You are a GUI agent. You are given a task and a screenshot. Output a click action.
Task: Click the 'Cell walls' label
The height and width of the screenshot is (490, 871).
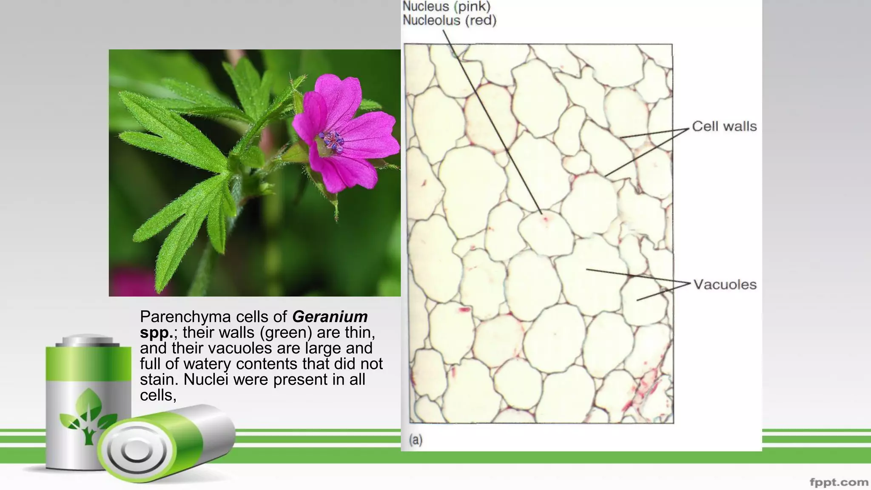[x=724, y=126]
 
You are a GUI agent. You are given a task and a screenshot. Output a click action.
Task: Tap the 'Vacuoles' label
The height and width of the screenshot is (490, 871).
[x=725, y=285]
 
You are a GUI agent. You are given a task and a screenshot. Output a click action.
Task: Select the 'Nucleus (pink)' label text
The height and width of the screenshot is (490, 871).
[x=447, y=6]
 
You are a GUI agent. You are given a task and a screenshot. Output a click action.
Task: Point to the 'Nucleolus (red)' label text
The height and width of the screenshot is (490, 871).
[x=450, y=20]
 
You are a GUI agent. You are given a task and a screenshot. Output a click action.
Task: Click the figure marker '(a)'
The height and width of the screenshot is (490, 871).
[x=416, y=440]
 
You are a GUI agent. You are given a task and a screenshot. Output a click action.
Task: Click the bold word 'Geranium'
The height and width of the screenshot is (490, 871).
[x=330, y=317]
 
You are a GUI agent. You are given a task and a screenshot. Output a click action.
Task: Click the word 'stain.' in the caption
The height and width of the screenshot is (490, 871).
[x=159, y=379]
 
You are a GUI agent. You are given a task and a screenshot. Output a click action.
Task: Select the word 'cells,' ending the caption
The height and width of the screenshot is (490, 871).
[x=158, y=395]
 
